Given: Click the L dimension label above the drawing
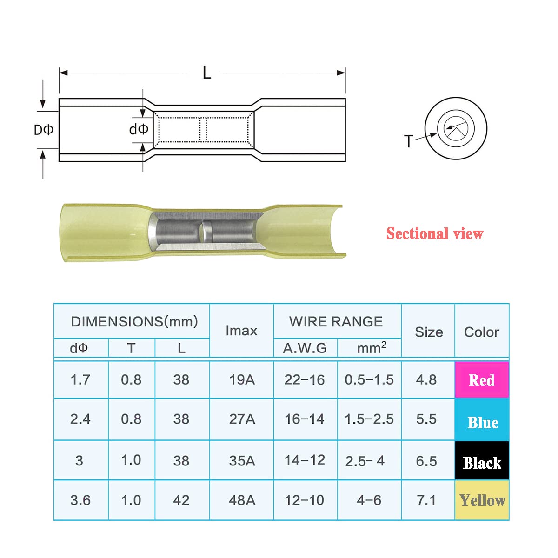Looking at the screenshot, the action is coord(207,73).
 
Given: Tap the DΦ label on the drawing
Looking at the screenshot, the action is coord(44,130).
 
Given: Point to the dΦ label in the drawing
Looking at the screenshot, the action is coord(139,129).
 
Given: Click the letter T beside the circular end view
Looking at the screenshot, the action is coord(409,141).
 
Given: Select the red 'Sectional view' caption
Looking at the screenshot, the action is coord(435,233).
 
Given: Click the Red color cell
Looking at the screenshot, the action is coord(482,379).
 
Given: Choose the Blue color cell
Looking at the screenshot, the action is coord(482,419).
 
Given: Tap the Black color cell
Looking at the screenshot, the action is coord(482,460).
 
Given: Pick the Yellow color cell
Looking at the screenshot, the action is coord(482,500).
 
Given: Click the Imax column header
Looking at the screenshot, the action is coord(241,331).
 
